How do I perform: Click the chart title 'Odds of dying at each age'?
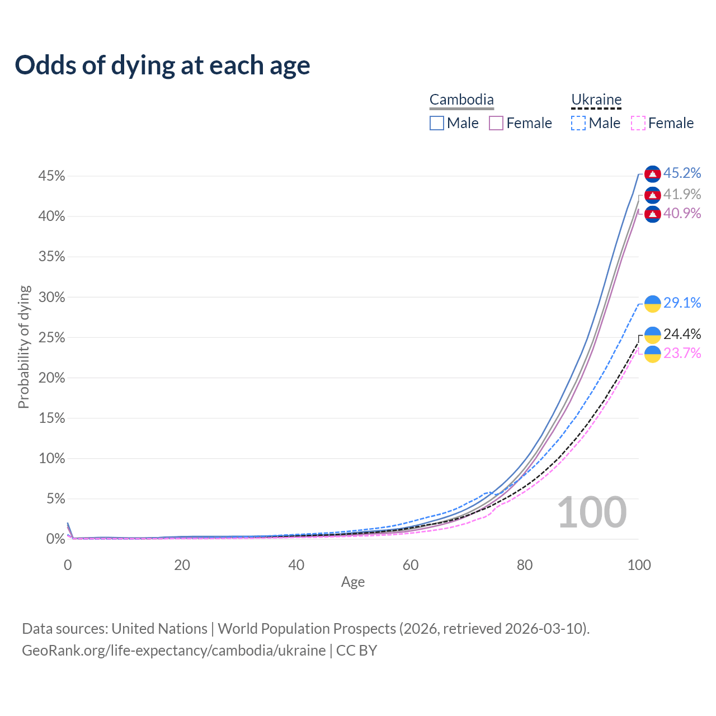[x=162, y=65]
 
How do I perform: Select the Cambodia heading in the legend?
[x=461, y=100]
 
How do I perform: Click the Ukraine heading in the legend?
[x=596, y=100]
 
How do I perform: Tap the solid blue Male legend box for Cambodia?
[x=437, y=123]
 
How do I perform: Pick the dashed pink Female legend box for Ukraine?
[x=638, y=123]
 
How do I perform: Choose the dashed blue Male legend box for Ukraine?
[x=578, y=123]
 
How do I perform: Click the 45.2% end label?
[x=682, y=173]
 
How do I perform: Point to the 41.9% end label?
[x=682, y=194]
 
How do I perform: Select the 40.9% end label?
[x=682, y=214]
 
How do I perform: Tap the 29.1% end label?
[x=682, y=303]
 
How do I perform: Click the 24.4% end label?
[x=682, y=334]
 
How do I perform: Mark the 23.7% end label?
[x=682, y=353]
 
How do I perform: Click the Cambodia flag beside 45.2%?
[x=653, y=174]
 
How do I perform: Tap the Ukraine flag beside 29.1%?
[x=653, y=304]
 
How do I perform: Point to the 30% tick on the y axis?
[x=52, y=297]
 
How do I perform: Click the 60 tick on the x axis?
[x=411, y=565]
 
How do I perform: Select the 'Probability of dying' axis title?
[x=23, y=347]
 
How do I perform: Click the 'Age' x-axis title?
[x=353, y=582]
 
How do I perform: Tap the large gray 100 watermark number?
[x=592, y=512]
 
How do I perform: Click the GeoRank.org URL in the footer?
[x=173, y=651]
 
